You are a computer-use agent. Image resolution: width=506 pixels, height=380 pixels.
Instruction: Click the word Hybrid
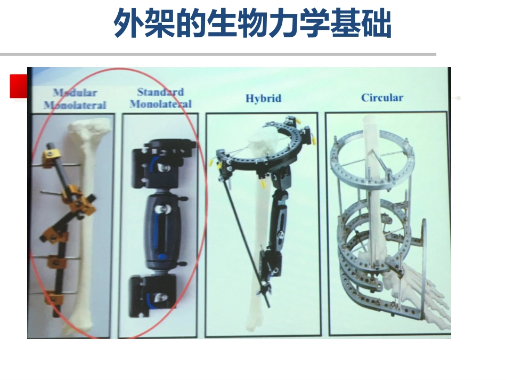tap(263, 98)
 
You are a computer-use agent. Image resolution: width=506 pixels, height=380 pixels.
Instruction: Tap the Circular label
tap(382, 98)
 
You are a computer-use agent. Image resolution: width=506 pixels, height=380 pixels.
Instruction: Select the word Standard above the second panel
tap(160, 92)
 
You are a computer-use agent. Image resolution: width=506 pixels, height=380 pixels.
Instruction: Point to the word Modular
tap(75, 93)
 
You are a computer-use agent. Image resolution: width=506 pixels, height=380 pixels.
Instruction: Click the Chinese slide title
tap(252, 23)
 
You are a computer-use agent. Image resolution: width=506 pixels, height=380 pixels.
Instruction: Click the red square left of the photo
tap(19, 86)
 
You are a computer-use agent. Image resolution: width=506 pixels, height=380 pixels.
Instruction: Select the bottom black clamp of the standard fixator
tap(152, 295)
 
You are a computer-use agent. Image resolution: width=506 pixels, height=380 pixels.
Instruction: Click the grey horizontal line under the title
tap(218, 54)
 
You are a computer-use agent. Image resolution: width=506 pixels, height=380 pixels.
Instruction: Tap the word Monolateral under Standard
tap(160, 104)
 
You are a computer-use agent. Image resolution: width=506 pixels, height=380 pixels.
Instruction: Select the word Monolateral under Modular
tap(75, 105)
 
